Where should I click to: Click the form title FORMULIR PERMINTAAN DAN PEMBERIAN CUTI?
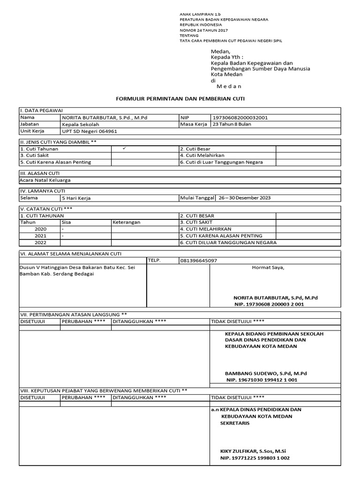click(x=180, y=99)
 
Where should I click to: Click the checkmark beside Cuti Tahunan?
click(x=124, y=148)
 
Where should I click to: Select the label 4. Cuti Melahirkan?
click(x=202, y=155)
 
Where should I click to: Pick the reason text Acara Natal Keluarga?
click(x=45, y=180)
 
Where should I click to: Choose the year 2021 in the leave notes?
click(x=40, y=236)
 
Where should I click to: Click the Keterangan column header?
click(x=127, y=222)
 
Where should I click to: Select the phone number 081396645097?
click(x=198, y=261)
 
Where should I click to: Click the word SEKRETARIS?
click(x=235, y=423)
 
